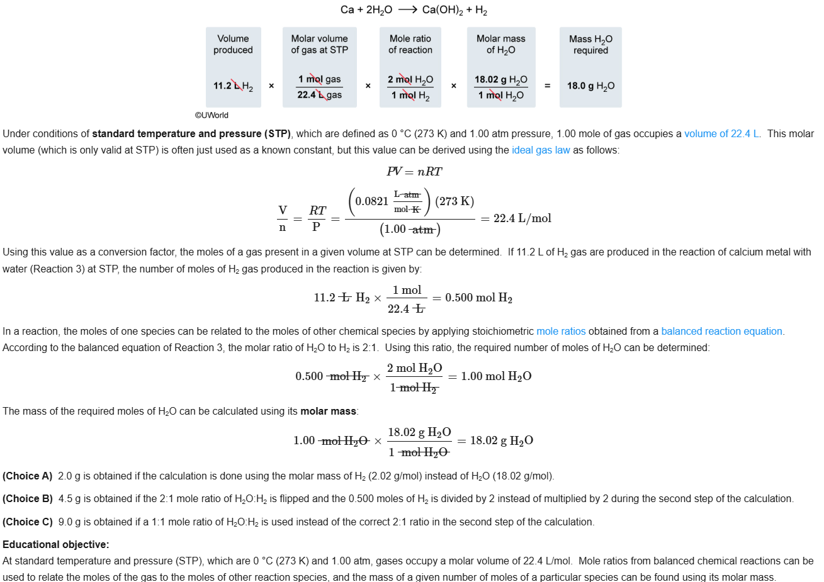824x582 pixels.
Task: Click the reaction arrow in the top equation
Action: (407, 10)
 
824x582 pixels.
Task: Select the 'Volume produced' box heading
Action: (233, 44)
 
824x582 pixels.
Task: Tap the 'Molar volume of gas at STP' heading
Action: (319, 44)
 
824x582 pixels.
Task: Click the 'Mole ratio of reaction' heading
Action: (410, 44)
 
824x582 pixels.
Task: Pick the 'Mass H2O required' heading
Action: (590, 44)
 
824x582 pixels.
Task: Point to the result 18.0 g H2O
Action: (590, 86)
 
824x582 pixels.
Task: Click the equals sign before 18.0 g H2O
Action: (548, 86)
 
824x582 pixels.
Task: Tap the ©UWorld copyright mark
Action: (212, 115)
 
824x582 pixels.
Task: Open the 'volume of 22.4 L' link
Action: (721, 133)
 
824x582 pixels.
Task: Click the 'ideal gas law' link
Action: (541, 150)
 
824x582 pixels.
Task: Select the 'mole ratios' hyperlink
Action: (561, 331)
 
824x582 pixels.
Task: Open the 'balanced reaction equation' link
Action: (721, 331)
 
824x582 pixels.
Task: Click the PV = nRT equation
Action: (414, 172)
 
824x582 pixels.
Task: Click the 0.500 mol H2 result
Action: (478, 298)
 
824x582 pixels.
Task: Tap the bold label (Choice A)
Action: (28, 476)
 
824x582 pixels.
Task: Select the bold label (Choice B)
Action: (28, 498)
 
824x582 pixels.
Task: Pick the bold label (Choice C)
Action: (28, 522)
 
